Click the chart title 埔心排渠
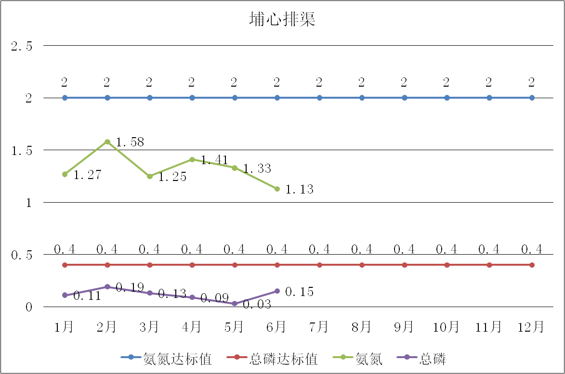pos(282,19)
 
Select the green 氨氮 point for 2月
pos(107,142)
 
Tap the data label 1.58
pos(130,142)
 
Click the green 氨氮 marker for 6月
pos(277,189)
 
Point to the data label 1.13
pos(299,190)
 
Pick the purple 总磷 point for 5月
pos(235,304)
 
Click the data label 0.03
pos(257,305)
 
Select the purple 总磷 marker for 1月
pos(65,295)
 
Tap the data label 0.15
pos(299,292)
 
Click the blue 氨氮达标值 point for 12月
pos(532,98)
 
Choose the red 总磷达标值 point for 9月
pos(405,265)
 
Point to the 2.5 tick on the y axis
pos(22,46)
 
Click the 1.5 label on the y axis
pos(22,151)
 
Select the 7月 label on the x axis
pos(319,327)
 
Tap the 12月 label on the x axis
pos(531,327)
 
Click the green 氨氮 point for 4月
pos(192,159)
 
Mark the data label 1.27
pos(87,175)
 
